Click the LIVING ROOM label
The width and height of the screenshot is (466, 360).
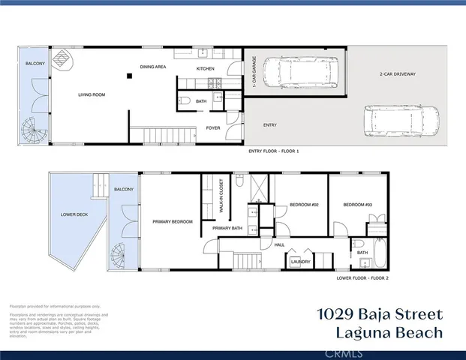point(94,95)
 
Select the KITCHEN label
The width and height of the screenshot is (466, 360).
point(206,69)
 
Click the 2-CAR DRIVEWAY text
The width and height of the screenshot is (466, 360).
point(397,74)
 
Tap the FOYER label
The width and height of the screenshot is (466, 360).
point(212,128)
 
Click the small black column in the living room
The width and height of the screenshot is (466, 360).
point(130,76)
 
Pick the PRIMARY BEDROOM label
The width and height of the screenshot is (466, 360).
point(173,221)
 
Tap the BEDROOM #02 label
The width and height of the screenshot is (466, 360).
point(285,205)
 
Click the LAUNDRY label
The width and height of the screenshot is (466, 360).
point(302,262)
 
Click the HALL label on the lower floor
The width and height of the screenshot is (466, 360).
point(279,244)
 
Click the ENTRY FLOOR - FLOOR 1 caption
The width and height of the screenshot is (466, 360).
point(274,151)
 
